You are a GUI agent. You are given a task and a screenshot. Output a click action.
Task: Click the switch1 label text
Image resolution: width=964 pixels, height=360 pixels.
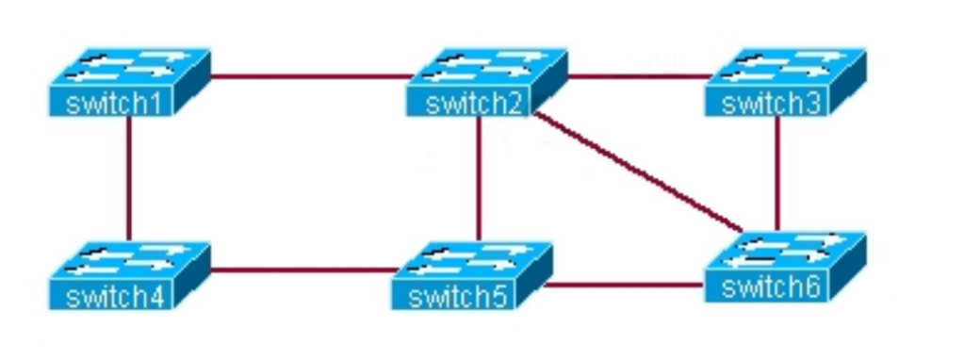112,103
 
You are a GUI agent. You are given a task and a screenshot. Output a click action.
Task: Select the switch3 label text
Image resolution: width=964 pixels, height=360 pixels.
772,103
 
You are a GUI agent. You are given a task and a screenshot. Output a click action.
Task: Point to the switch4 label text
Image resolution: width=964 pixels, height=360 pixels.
115,297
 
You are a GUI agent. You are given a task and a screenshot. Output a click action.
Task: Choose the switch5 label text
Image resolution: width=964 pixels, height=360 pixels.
458,297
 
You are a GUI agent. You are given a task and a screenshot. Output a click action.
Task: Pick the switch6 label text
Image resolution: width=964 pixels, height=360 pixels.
771,286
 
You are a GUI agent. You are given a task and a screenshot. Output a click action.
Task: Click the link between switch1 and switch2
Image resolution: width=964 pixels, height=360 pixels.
311,76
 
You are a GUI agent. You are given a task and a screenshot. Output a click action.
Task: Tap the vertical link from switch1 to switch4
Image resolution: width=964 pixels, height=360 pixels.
129,178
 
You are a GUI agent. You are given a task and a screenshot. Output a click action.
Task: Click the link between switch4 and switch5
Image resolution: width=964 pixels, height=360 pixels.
303,270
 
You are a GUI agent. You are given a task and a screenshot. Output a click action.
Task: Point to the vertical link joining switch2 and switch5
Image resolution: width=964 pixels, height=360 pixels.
479,178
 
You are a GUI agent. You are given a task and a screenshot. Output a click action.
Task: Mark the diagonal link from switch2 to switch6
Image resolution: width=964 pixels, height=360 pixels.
639,172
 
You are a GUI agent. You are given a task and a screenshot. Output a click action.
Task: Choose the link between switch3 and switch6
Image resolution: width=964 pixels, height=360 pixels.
777,173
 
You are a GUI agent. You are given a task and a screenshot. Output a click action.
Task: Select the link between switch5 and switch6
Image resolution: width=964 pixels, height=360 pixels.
624,285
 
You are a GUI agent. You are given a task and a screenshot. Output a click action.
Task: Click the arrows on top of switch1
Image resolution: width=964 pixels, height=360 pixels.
130,66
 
